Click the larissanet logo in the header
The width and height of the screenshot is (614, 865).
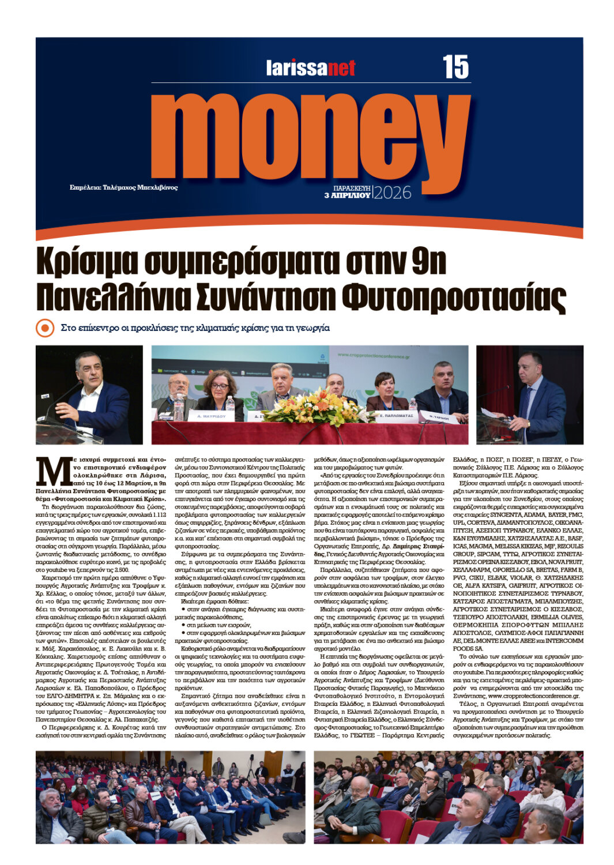(x=311, y=68)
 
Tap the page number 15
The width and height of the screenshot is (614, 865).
(x=455, y=67)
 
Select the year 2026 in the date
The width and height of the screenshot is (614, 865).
(x=393, y=193)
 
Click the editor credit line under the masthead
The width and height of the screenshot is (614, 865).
(x=123, y=187)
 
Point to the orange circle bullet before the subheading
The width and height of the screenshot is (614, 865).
(x=44, y=328)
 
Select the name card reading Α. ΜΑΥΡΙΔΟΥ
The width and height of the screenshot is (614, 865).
(x=210, y=415)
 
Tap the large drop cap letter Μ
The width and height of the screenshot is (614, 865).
(x=52, y=472)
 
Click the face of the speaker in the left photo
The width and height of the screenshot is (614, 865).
(x=89, y=370)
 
